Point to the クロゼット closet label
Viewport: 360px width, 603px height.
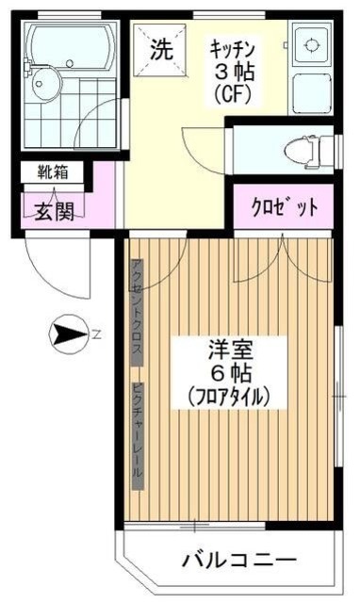[285, 207]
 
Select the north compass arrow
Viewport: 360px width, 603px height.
[67, 333]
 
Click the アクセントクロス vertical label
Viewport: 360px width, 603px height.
[137, 311]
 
